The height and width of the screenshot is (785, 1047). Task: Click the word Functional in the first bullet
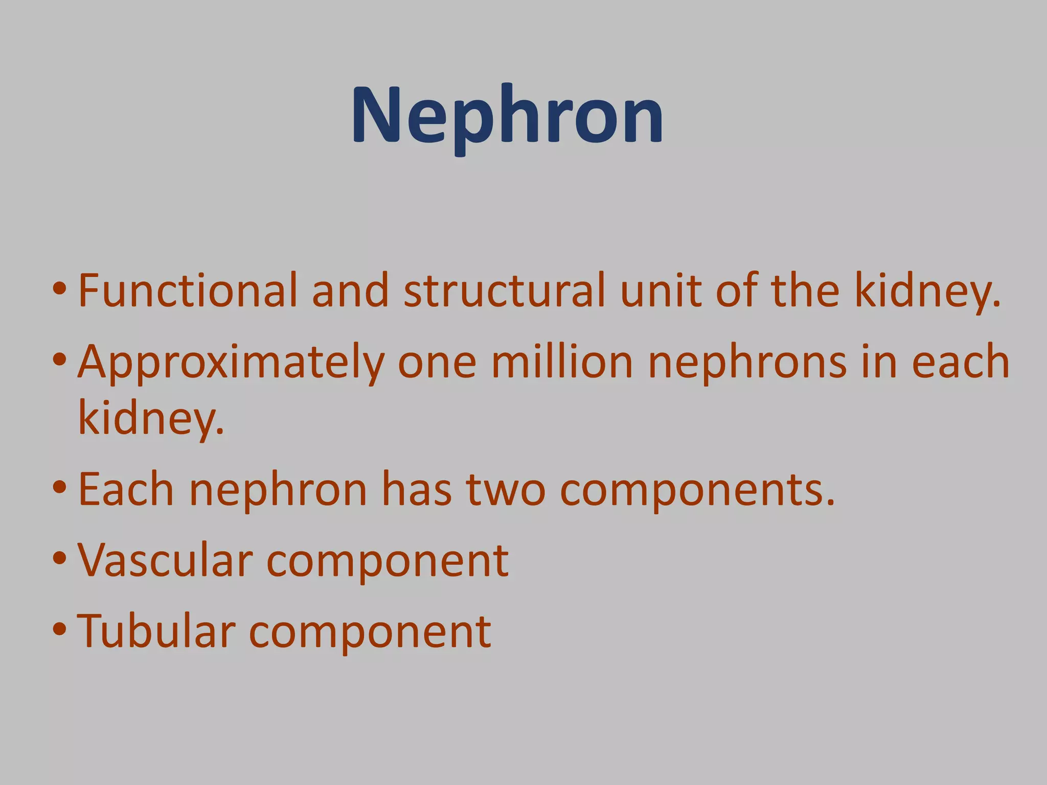point(187,291)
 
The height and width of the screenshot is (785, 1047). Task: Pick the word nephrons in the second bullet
point(747,362)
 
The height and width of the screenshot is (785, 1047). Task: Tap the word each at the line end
point(961,362)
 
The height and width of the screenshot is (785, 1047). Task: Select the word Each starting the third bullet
point(126,490)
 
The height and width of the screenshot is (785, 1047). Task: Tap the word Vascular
point(165,560)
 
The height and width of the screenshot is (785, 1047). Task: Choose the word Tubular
point(156,632)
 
